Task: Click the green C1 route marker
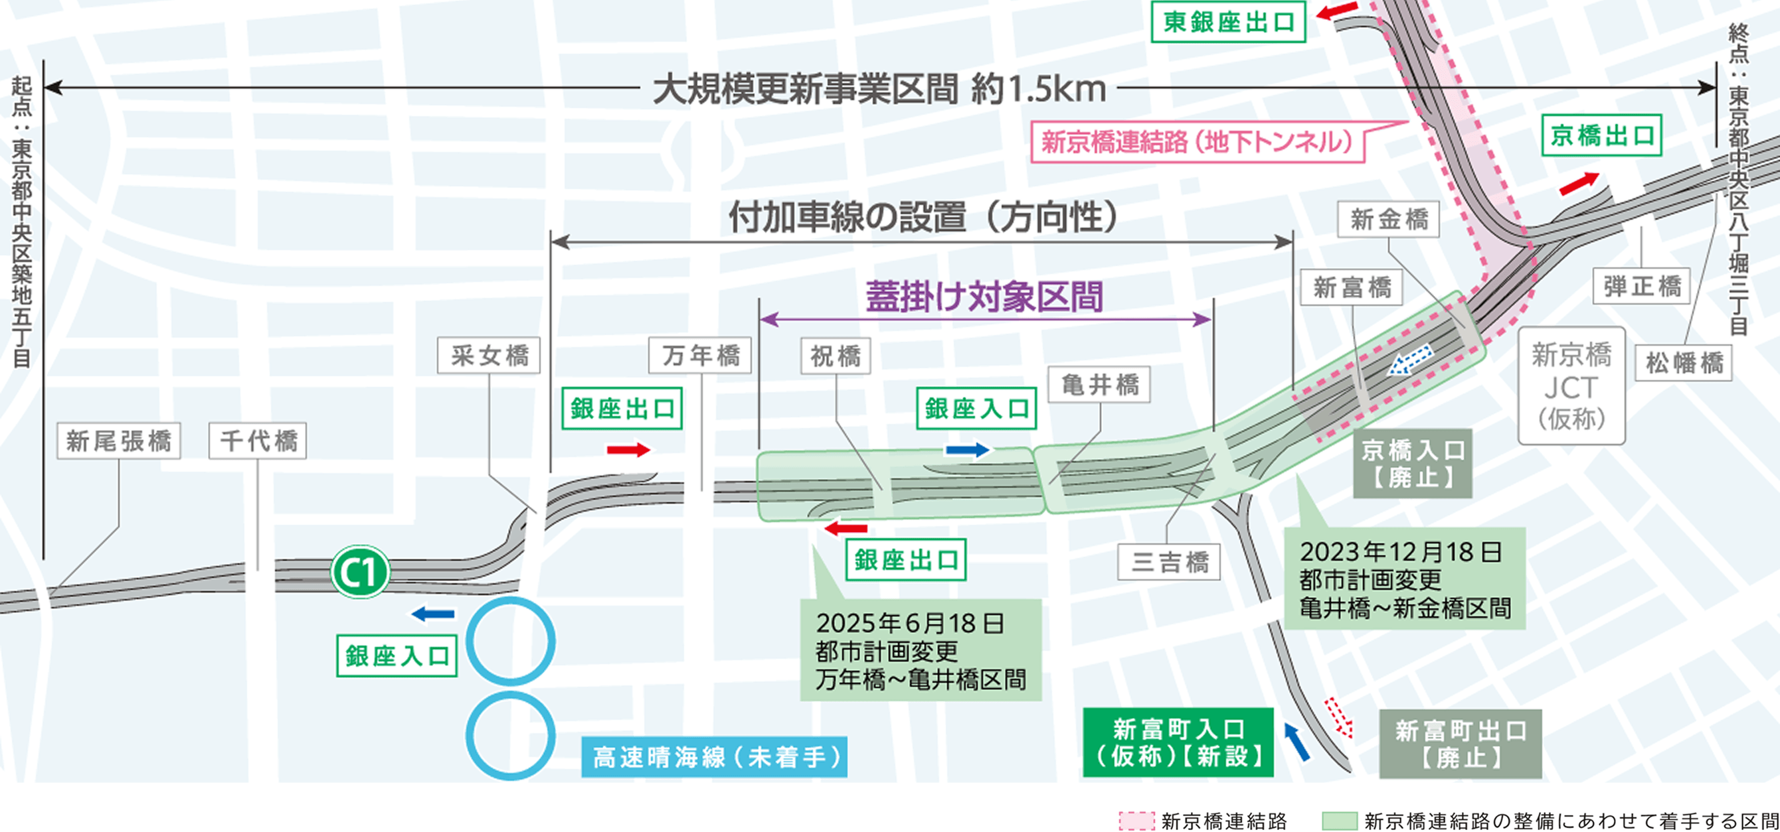point(360,572)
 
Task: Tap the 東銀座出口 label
point(1228,22)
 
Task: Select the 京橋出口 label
point(1602,135)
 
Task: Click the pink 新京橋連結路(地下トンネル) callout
point(1197,142)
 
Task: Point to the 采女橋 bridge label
point(489,356)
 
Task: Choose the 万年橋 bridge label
point(700,356)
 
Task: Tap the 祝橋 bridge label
point(836,356)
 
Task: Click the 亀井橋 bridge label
point(1099,385)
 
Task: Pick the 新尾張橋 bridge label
point(119,441)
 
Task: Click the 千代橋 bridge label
point(258,441)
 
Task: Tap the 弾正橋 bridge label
point(1642,286)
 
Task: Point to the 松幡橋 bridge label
point(1684,362)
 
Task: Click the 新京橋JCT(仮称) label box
point(1571,386)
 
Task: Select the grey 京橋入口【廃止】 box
point(1413,463)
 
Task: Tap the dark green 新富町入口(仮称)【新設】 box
point(1178,742)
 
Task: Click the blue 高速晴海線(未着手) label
point(715,758)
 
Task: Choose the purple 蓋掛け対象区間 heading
point(984,297)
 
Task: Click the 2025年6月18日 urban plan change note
point(921,650)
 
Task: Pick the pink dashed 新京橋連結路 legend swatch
point(1136,821)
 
